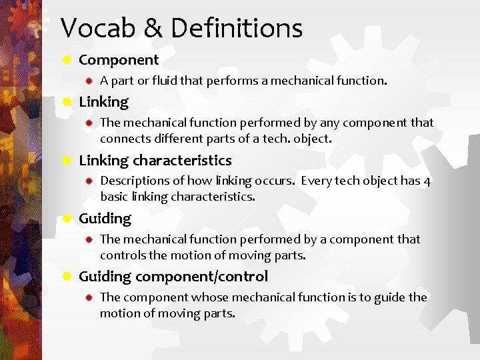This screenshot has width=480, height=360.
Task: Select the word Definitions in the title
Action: tap(237, 29)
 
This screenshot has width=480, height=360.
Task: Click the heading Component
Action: tap(119, 60)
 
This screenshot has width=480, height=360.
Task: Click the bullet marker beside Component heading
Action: tap(67, 60)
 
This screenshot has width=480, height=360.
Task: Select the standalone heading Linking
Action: tap(103, 102)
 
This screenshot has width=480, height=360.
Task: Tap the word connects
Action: tap(125, 139)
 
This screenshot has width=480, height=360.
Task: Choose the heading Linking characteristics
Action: tap(155, 160)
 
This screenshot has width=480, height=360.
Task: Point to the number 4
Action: tap(427, 181)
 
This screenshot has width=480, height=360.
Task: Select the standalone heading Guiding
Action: tap(105, 218)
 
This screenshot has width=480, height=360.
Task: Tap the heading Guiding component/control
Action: tap(173, 276)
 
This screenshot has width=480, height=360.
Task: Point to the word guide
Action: tap(391, 297)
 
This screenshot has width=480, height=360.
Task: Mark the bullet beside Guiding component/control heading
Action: tap(67, 276)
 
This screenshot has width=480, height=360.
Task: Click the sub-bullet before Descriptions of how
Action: tap(88, 181)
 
